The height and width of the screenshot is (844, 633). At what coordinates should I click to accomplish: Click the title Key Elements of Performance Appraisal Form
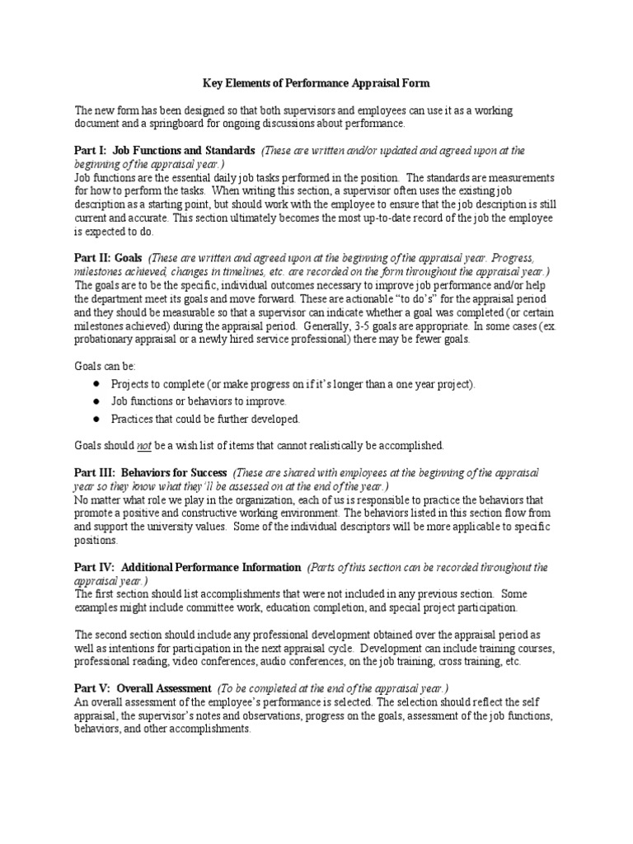pyautogui.click(x=316, y=83)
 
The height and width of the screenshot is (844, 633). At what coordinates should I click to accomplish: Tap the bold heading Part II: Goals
pyautogui.click(x=109, y=258)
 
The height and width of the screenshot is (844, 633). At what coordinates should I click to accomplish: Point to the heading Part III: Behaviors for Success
pyautogui.click(x=151, y=473)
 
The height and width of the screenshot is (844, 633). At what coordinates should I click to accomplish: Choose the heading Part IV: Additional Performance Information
pyautogui.click(x=188, y=567)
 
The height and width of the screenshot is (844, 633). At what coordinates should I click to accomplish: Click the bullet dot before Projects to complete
pyautogui.click(x=96, y=385)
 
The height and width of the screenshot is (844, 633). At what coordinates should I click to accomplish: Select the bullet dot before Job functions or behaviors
pyautogui.click(x=96, y=401)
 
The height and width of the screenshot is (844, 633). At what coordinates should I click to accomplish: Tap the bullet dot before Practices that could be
pyautogui.click(x=96, y=419)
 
